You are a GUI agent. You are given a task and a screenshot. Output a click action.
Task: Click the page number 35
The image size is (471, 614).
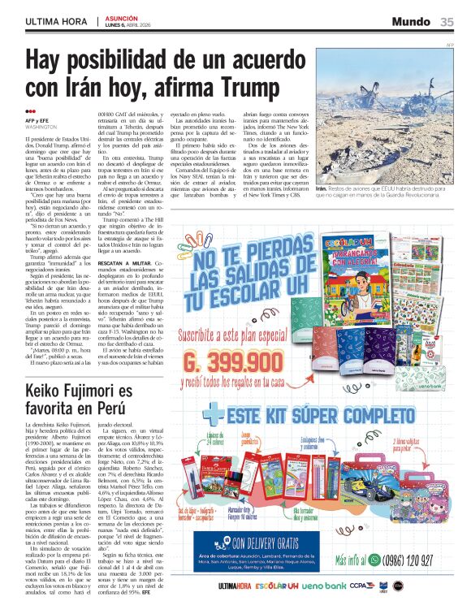(x=447, y=21)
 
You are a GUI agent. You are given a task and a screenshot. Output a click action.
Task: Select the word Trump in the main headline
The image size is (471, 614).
(x=235, y=85)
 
